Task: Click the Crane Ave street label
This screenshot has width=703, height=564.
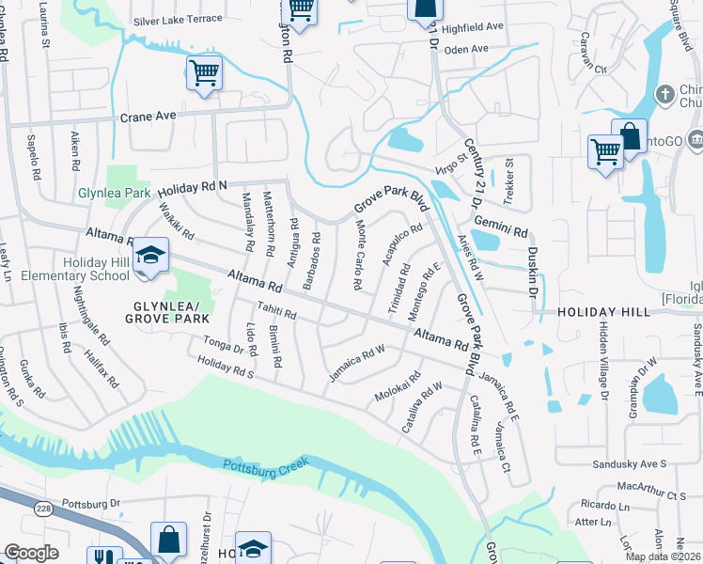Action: [x=148, y=117]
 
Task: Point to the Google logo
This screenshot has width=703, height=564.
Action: [x=31, y=553]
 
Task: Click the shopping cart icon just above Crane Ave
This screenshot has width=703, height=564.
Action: [x=204, y=73]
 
